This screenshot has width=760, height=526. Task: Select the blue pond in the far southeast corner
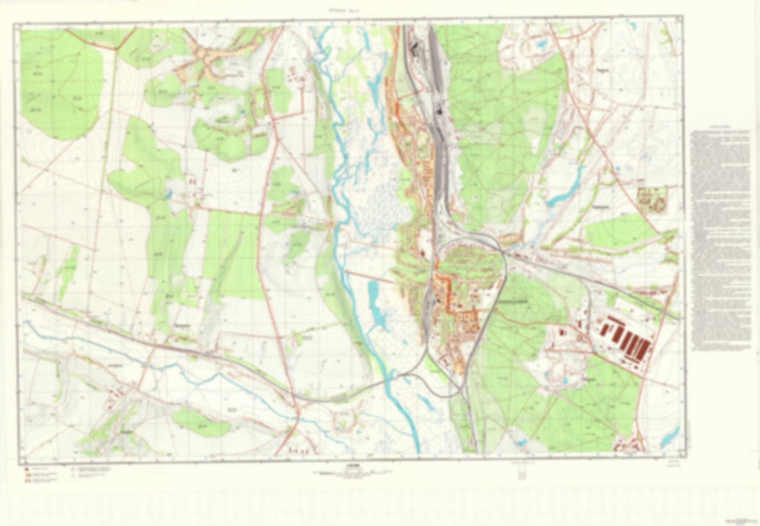[671, 437]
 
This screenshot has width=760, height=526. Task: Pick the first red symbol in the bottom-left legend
[26, 468]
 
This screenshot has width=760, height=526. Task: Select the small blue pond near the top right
[542, 44]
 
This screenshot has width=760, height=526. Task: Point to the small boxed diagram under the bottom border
[522, 474]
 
